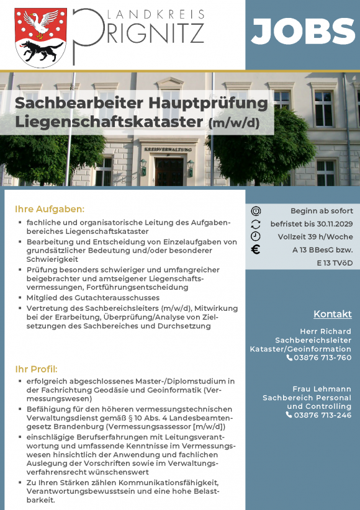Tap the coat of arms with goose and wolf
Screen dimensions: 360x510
click(41, 37)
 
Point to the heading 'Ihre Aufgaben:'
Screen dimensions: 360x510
click(50, 209)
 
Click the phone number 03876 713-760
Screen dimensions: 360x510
click(322, 357)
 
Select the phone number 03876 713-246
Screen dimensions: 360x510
click(322, 415)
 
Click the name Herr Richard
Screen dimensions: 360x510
click(325, 331)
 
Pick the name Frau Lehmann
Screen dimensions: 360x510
click(326, 389)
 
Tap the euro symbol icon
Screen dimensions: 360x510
click(256, 251)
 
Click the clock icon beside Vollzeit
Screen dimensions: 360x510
click(256, 236)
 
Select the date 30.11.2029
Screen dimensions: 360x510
click(333, 224)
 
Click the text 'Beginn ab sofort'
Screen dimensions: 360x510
click(322, 211)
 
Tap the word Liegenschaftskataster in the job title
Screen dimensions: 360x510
click(109, 122)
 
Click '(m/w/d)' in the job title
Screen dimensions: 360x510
click(233, 123)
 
